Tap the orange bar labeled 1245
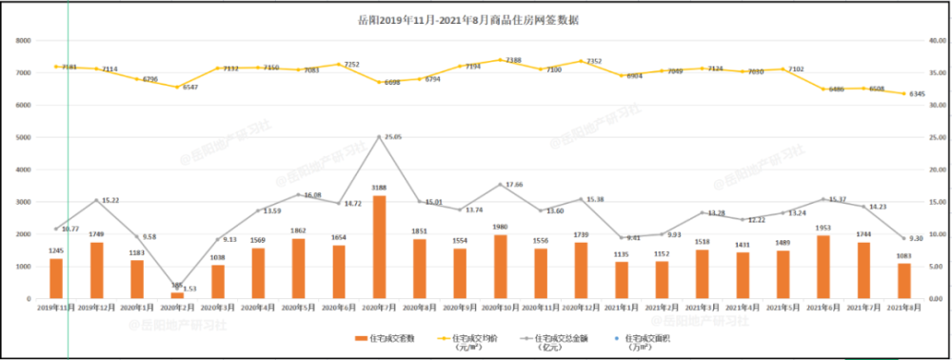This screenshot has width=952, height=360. point(56,278)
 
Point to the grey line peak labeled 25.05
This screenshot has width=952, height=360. point(379,136)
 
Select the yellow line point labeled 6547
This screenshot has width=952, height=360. point(177,87)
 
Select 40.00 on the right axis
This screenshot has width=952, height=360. point(934,40)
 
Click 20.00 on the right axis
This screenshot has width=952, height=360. point(934,170)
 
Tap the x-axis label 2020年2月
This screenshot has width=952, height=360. point(177,307)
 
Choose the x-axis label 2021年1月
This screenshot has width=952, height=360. point(621,307)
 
